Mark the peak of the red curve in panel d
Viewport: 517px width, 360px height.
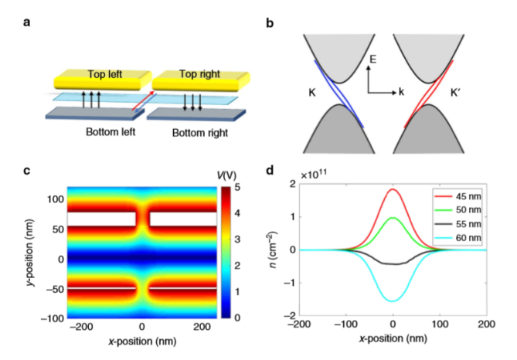point(393,189)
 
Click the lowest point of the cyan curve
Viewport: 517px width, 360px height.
point(393,301)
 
